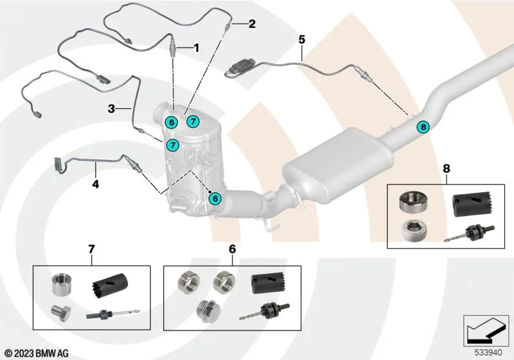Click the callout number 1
197,48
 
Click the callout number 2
252,25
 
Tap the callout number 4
96,184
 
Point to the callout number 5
301,39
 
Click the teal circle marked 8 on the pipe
422,127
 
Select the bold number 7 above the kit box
91,248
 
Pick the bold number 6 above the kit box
233,248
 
